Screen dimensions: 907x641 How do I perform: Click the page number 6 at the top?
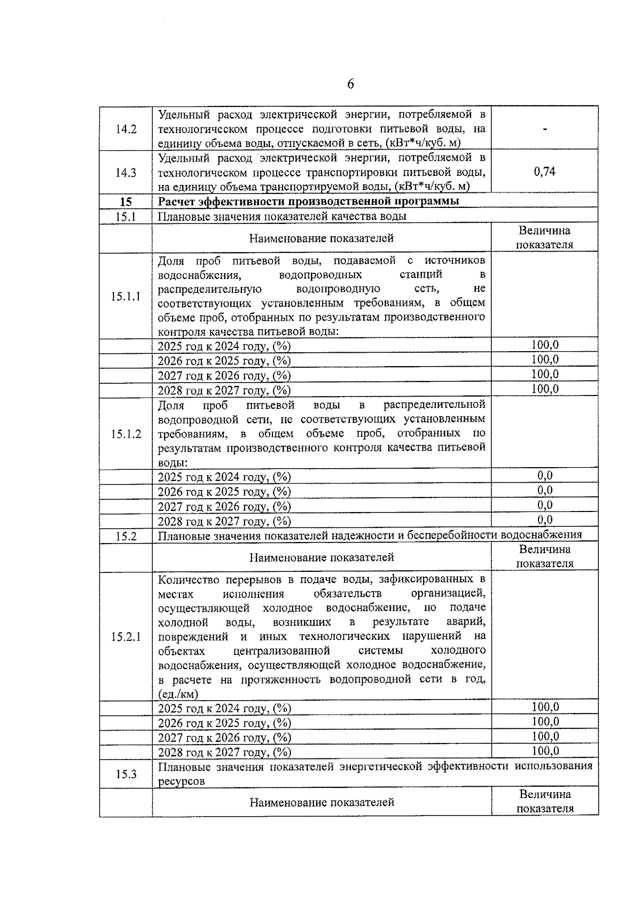coord(350,84)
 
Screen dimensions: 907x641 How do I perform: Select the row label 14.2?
coord(126,129)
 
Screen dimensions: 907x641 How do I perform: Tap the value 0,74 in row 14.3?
coord(544,172)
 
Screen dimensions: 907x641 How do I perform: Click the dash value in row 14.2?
coord(544,129)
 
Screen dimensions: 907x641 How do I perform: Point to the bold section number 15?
coord(126,202)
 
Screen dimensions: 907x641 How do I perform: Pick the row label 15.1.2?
coord(126,434)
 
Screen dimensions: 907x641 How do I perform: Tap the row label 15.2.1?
coord(126,637)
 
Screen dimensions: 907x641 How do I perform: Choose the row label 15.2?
coord(126,537)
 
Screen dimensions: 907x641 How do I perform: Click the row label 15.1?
coord(126,216)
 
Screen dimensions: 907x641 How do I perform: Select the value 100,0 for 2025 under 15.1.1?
coord(545,345)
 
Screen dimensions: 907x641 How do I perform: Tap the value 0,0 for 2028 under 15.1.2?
coord(545,520)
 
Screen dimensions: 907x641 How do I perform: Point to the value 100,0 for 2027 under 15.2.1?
coord(545,737)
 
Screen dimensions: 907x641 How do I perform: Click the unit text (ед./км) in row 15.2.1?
coord(178,694)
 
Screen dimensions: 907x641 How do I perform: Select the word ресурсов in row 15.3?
coord(181,781)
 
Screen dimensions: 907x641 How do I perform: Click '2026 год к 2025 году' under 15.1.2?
coord(224,492)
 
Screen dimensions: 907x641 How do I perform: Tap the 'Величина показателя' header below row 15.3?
coord(545,801)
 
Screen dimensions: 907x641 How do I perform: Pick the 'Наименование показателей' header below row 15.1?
coord(322,238)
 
